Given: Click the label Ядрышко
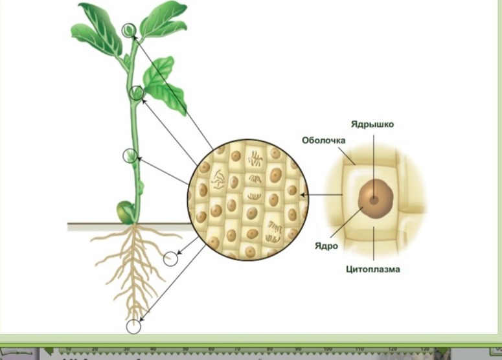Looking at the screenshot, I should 372,124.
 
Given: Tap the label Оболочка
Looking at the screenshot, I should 323,141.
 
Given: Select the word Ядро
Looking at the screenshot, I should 328,246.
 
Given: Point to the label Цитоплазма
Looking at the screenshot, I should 372,269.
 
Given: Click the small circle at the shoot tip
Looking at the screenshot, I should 130,30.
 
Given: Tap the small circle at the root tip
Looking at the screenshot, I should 133,326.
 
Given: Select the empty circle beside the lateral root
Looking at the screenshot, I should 170,259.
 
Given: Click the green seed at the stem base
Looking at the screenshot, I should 124,212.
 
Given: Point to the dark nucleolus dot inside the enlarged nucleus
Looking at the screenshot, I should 373,199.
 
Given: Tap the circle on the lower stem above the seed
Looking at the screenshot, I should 130,155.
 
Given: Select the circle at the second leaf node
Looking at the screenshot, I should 136,93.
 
